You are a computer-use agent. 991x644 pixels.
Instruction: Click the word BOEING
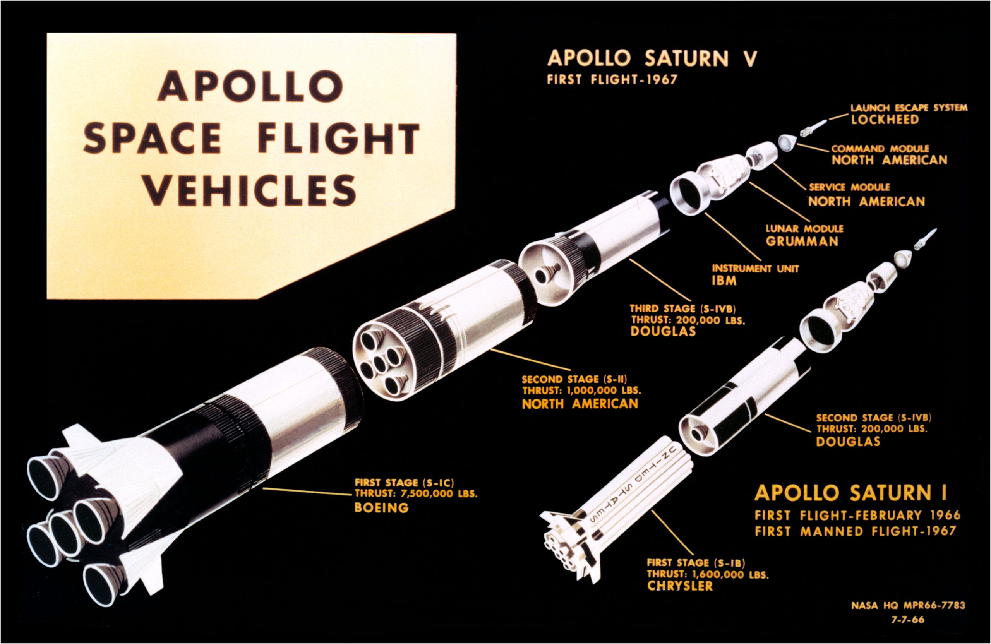click(381, 507)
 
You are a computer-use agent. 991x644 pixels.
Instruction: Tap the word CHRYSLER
click(679, 586)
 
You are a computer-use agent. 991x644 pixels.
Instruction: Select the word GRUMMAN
click(802, 241)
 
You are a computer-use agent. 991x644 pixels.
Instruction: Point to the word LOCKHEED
click(885, 120)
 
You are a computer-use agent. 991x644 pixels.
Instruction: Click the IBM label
click(725, 281)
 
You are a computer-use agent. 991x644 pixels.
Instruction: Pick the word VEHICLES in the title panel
click(250, 189)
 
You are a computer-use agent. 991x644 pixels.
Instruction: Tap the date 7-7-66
click(907, 620)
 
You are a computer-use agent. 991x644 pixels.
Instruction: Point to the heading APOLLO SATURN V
click(652, 59)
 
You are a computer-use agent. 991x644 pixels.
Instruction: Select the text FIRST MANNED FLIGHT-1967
click(855, 531)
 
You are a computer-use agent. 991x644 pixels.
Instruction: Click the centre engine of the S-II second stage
click(380, 364)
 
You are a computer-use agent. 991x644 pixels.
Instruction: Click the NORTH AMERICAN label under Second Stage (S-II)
click(580, 403)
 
